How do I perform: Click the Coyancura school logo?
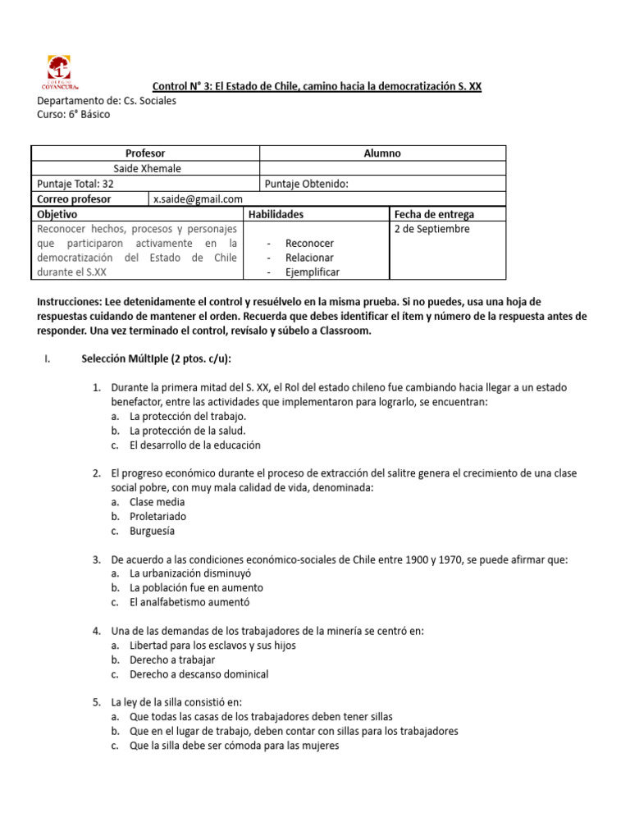coord(59,73)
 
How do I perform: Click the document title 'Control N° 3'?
coord(317,86)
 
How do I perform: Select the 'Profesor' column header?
coord(145,153)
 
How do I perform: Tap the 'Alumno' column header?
coord(382,153)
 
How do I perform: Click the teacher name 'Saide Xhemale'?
coord(147,169)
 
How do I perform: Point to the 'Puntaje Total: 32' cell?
coord(75,184)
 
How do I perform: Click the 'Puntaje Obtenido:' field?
coord(307,184)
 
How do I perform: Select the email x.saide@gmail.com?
coord(198,199)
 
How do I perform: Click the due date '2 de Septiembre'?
coord(431,229)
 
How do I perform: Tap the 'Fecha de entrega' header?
coord(434,214)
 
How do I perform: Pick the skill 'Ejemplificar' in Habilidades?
coord(312,272)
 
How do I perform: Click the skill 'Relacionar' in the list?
coord(309,258)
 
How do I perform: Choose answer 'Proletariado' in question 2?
coord(157,517)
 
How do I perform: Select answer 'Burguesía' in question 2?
coord(152,531)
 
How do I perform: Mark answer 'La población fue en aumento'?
coord(196,588)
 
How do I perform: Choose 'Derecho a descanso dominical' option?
coord(199,674)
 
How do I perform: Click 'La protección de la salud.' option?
coord(187,431)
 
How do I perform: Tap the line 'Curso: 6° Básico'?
coord(73,115)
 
